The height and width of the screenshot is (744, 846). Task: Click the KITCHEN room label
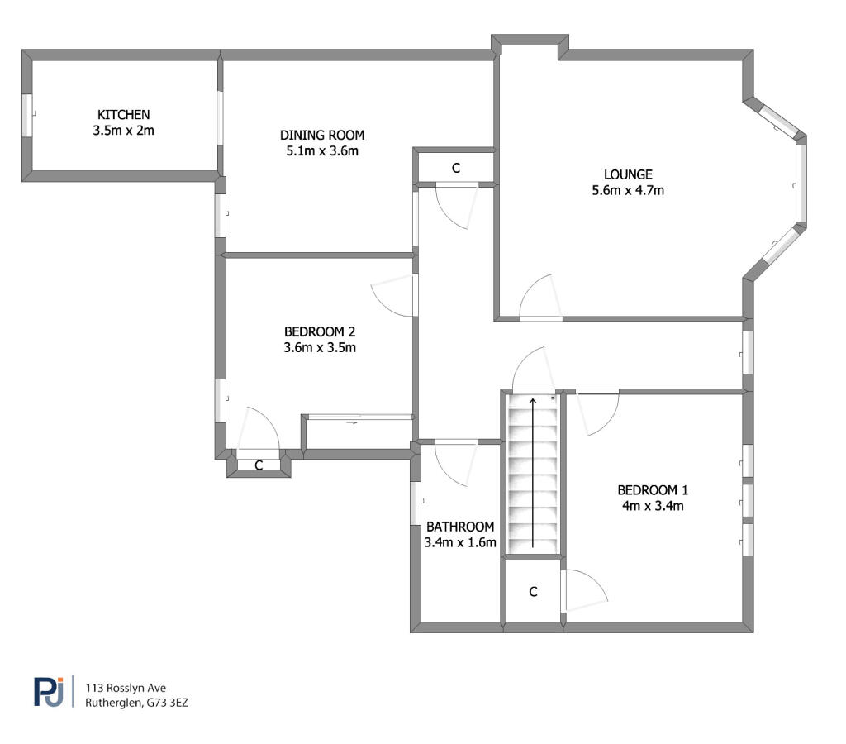[124, 114]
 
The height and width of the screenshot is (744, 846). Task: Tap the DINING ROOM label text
[322, 135]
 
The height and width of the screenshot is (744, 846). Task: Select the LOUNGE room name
[628, 174]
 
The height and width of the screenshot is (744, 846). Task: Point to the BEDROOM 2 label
[320, 331]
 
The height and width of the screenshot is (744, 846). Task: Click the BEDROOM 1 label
[653, 490]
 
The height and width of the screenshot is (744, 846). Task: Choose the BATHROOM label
[460, 527]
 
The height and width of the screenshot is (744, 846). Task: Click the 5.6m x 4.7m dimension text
[628, 190]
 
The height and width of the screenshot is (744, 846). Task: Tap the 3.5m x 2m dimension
[124, 130]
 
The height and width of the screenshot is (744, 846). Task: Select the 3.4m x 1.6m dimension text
[460, 542]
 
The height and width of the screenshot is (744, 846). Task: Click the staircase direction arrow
[533, 473]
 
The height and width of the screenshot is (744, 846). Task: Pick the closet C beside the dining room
[456, 169]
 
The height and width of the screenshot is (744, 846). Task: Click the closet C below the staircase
[533, 592]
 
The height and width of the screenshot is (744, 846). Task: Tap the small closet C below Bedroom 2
[259, 465]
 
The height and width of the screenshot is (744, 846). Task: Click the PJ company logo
[49, 692]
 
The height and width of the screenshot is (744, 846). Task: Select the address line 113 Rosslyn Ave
[126, 688]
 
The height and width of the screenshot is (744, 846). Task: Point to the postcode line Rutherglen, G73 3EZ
[136, 703]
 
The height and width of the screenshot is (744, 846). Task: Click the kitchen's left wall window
[27, 116]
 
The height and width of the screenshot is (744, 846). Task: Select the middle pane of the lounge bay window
[801, 184]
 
